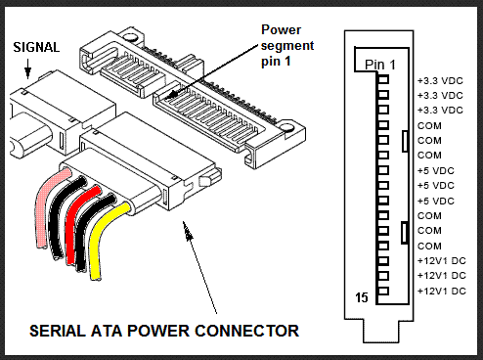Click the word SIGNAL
pos(35,46)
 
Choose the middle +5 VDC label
pos(435,185)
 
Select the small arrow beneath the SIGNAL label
pos(28,68)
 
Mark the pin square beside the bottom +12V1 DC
pos(383,292)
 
